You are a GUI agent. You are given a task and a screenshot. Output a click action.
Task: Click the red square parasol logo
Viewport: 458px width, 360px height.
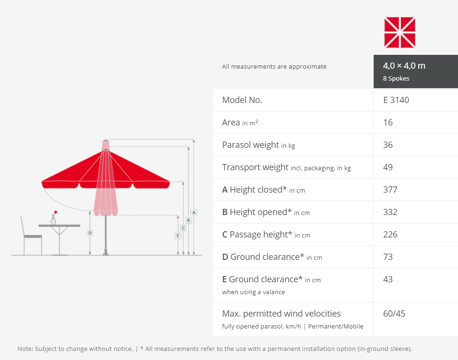tap(399, 32)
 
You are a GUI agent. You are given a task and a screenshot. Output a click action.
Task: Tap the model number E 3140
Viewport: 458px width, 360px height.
tap(396, 100)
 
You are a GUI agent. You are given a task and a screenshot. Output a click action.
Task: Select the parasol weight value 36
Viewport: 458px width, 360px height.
tap(388, 144)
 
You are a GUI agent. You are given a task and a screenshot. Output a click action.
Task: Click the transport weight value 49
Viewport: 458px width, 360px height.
tap(388, 167)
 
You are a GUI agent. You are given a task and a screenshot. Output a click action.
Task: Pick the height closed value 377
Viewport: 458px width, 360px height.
tap(390, 190)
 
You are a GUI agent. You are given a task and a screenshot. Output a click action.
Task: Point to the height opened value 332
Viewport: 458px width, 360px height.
tap(390, 212)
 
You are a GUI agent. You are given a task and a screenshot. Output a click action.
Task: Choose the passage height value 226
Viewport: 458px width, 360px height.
tap(390, 234)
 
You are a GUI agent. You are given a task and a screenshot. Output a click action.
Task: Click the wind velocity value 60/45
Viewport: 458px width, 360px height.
tap(394, 314)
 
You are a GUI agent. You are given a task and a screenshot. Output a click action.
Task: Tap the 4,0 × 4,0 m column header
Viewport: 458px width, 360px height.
tap(404, 66)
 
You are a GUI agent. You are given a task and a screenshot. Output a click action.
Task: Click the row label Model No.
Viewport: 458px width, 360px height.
tap(242, 100)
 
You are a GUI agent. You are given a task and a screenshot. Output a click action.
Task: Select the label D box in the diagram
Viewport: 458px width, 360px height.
tap(90, 233)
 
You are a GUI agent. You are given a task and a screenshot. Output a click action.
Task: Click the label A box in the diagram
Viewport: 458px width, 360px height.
tap(193, 213)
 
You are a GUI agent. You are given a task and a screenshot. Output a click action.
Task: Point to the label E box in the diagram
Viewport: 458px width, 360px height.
tap(178, 235)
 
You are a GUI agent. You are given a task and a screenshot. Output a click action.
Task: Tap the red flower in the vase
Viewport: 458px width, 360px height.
tap(55, 213)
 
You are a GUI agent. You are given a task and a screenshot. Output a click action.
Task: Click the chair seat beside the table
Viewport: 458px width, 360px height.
tap(33, 236)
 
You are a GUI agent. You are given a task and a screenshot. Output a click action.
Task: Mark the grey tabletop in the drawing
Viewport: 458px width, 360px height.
tap(59, 226)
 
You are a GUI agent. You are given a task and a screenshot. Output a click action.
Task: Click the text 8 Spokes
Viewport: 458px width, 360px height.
tap(396, 79)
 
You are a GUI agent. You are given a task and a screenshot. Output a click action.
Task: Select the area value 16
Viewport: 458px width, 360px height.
tap(388, 123)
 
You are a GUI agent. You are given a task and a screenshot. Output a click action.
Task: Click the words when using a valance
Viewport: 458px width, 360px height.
tap(253, 292)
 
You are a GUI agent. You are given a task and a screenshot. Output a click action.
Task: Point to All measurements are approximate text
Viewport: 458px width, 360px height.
tap(274, 67)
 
